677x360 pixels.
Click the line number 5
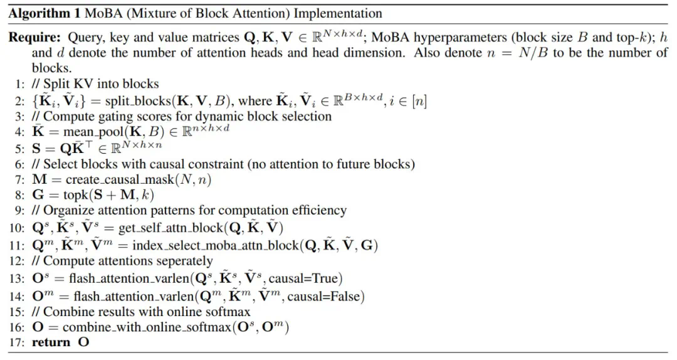pos(19,148)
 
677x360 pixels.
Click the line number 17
pos(16,342)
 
